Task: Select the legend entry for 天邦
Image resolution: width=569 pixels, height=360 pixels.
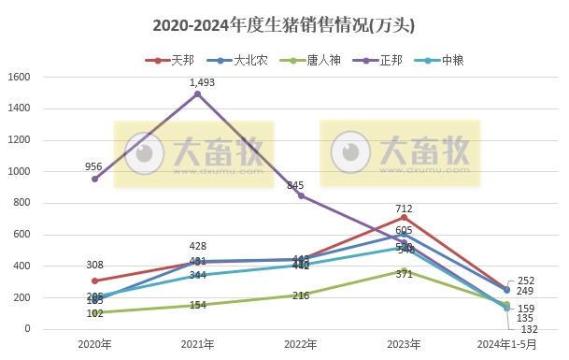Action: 178,60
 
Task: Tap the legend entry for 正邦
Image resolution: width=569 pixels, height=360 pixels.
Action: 386,60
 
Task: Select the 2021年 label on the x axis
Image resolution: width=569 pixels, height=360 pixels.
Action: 197,344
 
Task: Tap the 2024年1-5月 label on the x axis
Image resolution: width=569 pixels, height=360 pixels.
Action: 506,344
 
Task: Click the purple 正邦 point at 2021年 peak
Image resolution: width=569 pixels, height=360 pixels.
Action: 197,94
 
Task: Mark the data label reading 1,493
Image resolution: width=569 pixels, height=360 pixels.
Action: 203,82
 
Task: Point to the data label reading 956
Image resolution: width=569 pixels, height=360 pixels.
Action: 93,166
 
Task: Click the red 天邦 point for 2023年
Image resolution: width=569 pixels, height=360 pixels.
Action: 404,217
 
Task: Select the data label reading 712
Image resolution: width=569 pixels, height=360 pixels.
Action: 404,209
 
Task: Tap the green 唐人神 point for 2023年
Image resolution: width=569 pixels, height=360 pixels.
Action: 404,270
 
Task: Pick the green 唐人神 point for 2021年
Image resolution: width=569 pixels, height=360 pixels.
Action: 197,305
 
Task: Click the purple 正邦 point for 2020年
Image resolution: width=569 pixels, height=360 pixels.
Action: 93,179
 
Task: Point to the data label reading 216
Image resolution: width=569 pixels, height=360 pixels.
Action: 301,295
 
